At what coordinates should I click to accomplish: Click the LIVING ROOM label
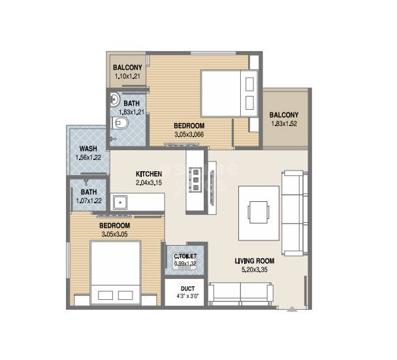pyautogui.click(x=254, y=261)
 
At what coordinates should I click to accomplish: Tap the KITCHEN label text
pyautogui.click(x=148, y=174)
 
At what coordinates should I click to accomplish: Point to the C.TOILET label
pyautogui.click(x=185, y=256)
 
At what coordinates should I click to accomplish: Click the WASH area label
pyautogui.click(x=89, y=149)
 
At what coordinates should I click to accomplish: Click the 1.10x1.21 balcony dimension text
pyautogui.click(x=127, y=76)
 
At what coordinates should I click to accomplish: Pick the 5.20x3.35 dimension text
pyautogui.click(x=254, y=269)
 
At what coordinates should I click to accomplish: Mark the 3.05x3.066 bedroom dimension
pyautogui.click(x=189, y=134)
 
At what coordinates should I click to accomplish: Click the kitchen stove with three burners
pyautogui.click(x=195, y=176)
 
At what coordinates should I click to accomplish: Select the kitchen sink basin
pyautogui.click(x=119, y=202)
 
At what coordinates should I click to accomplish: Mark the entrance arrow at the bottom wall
pyautogui.click(x=291, y=308)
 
